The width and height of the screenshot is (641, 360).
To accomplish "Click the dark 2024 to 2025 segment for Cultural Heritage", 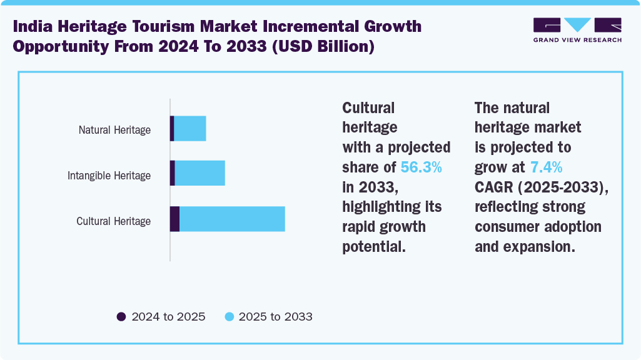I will tap(174, 219).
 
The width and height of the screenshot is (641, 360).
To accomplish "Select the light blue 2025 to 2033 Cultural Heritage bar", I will tap(232, 219).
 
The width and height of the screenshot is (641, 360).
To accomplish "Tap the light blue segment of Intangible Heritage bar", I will tap(199, 173).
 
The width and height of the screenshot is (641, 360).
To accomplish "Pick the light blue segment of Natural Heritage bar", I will tap(189, 128).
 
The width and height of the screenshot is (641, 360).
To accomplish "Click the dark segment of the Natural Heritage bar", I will tap(172, 128).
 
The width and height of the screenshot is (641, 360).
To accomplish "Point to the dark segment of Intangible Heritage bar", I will tap(173, 173).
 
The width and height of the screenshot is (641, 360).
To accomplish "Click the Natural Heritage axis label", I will tap(114, 130).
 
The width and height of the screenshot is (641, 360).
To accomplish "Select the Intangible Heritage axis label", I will tap(109, 176).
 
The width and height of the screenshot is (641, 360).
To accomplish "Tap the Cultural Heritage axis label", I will tap(113, 221).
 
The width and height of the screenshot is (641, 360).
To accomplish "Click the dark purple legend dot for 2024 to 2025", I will tap(121, 317).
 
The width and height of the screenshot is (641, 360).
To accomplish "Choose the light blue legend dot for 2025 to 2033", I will tap(229, 317).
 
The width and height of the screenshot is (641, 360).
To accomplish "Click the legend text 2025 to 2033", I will tap(275, 317).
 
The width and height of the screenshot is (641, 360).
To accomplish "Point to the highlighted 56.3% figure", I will tap(421, 167).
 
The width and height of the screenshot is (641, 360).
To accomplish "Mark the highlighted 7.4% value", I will tap(546, 167).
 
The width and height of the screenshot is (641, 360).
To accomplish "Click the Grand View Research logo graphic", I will tap(577, 25).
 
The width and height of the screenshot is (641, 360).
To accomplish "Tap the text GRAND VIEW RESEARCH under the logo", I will tap(577, 40).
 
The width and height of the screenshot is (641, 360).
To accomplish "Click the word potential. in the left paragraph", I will tap(374, 246).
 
